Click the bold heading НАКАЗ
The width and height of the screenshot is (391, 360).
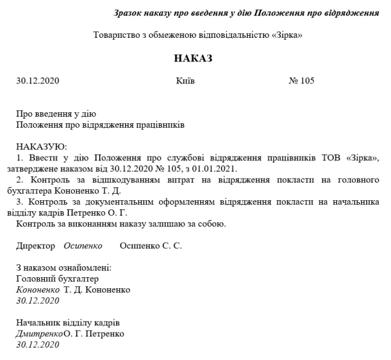194,58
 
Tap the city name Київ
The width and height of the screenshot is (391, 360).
185,82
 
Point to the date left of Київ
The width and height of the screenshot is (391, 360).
38,82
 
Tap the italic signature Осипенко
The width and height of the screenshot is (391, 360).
83,246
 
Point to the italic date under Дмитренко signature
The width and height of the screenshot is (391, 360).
38,345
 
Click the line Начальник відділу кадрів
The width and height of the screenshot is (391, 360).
68,323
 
